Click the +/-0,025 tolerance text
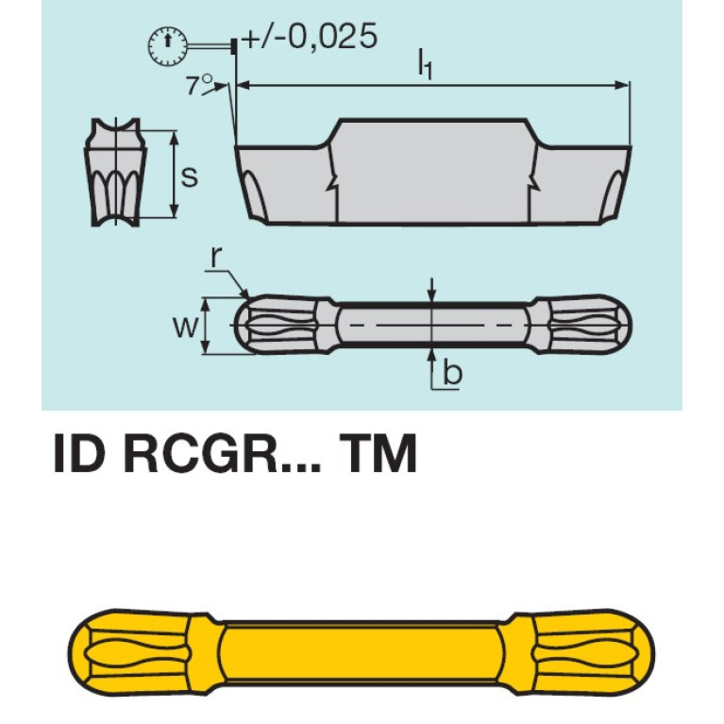click(309, 37)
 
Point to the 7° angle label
click(198, 85)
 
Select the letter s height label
click(190, 176)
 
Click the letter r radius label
click(217, 258)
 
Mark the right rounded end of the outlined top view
click(585, 326)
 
